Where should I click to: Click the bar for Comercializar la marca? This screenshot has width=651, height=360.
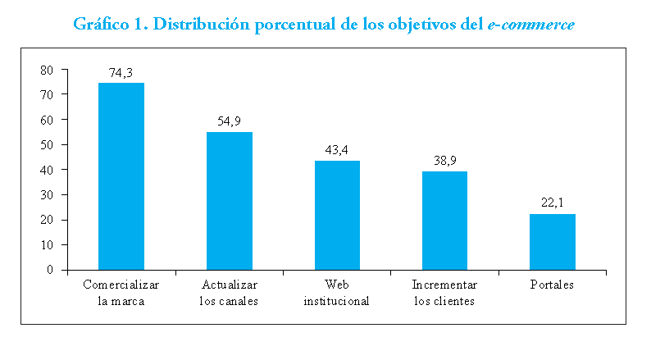click(121, 175)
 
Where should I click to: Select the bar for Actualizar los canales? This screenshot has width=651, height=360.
click(229, 200)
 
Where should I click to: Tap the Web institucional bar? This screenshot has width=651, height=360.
click(337, 215)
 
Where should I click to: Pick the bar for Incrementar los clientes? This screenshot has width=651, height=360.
click(444, 220)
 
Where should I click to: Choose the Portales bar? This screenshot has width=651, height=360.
click(553, 241)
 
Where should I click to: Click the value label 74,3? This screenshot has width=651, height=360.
click(121, 73)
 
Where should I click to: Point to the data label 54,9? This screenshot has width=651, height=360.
click(229, 121)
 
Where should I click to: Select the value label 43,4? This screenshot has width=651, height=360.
click(337, 151)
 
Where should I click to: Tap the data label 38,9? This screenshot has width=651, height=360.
click(444, 162)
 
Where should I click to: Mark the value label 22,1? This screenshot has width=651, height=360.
click(553, 204)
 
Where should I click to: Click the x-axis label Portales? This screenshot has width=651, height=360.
click(553, 285)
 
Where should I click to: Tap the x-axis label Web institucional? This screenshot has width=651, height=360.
click(337, 293)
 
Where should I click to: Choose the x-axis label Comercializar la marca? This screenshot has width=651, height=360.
click(121, 293)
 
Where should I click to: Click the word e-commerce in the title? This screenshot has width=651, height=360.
click(530, 24)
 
